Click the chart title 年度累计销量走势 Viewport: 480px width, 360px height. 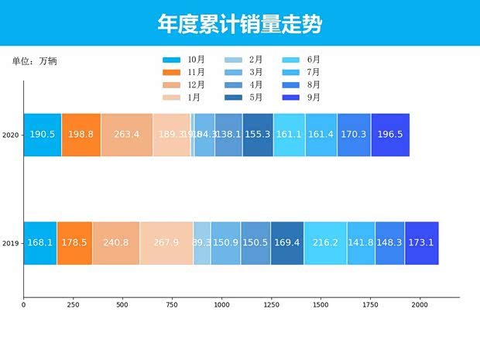click(x=240, y=24)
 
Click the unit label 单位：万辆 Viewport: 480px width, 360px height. click(x=34, y=61)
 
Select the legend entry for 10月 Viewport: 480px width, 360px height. click(x=185, y=60)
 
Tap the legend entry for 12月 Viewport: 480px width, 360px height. click(x=185, y=84)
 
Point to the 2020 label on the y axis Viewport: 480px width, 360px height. click(x=10, y=135)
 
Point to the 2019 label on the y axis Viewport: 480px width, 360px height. click(x=10, y=244)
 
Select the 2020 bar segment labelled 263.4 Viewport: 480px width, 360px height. click(x=126, y=135)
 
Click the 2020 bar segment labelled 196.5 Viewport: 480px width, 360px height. click(x=390, y=135)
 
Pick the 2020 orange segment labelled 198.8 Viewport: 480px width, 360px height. click(x=81, y=135)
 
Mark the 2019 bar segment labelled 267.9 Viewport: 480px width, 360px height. click(x=166, y=243)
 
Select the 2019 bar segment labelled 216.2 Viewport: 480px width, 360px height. click(x=325, y=243)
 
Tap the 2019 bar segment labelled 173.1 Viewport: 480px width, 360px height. click(x=421, y=243)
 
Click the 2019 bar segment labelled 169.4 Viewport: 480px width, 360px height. click(x=287, y=243)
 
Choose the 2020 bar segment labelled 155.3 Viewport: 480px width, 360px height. click(x=258, y=135)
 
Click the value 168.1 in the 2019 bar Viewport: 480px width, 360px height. click(x=40, y=243)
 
